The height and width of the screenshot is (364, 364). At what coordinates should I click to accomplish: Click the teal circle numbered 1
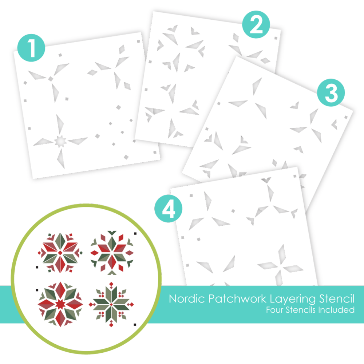click(x=31, y=48)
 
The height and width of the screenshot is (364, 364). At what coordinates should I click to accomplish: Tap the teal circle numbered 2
click(x=256, y=24)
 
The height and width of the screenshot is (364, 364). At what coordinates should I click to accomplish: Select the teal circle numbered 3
click(x=331, y=92)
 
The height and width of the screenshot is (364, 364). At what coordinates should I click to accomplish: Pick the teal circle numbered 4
click(x=168, y=209)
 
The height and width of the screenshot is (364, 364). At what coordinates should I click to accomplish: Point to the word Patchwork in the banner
click(x=237, y=298)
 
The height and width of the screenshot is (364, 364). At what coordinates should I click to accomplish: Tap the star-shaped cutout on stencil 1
click(x=60, y=141)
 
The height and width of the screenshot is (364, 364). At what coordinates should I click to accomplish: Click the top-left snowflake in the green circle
click(x=60, y=253)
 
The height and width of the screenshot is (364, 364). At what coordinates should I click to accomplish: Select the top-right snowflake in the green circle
click(x=112, y=253)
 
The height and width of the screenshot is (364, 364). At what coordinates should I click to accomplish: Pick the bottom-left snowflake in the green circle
click(x=60, y=304)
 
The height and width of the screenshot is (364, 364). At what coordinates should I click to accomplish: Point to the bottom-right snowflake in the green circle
click(x=111, y=304)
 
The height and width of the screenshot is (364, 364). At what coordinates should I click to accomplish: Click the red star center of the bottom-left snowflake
click(x=60, y=304)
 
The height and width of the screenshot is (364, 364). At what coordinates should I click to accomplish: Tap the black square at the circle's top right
click(x=135, y=234)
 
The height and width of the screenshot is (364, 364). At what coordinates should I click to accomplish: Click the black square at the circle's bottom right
click(x=135, y=325)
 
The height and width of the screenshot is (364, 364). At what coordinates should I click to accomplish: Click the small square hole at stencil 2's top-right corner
click(x=276, y=38)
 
